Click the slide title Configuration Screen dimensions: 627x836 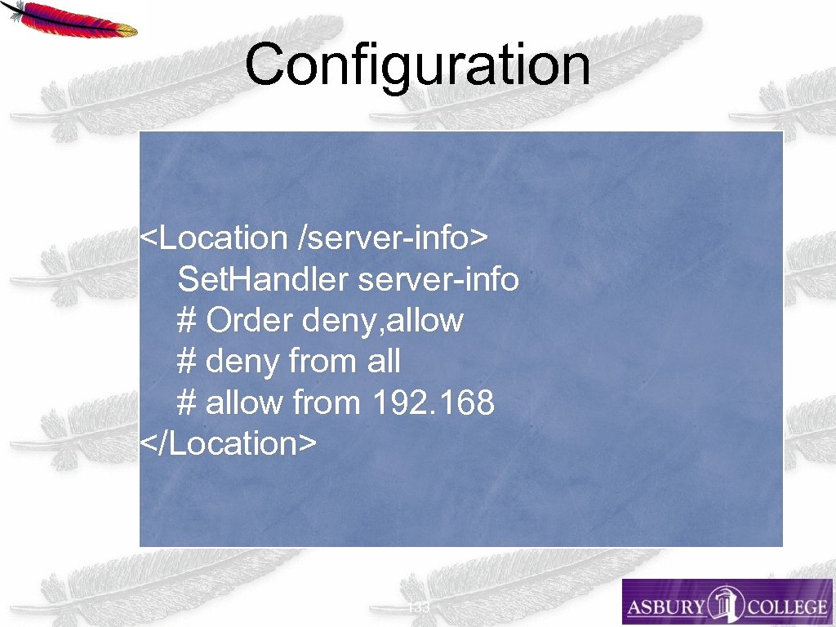417,65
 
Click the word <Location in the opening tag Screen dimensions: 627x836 214,238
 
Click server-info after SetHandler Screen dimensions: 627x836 438,279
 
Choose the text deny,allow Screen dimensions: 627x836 383,321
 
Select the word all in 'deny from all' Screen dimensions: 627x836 383,361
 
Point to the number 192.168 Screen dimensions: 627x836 433,402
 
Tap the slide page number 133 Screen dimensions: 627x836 418,607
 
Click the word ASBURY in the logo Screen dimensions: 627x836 665,607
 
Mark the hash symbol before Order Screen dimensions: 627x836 186,321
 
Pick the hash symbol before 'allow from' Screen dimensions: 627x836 186,402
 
